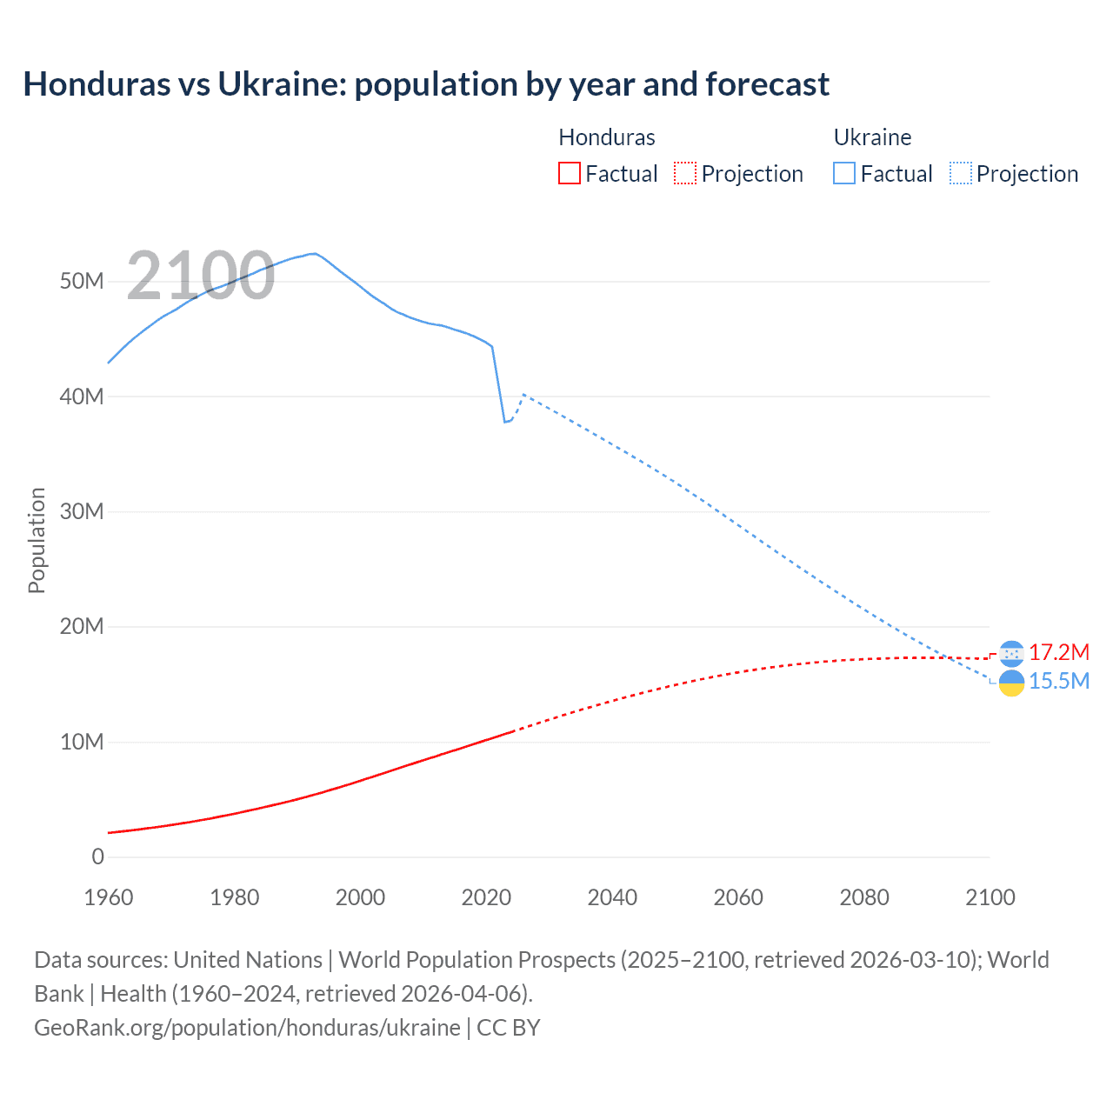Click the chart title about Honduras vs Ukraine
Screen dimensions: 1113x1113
pos(426,84)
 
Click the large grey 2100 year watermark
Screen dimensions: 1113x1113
pos(201,276)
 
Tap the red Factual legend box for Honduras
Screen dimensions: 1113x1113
pos(569,173)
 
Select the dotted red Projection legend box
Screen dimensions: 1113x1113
pos(685,173)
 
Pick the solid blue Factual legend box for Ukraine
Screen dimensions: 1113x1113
pos(844,173)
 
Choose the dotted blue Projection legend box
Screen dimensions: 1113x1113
pos(961,173)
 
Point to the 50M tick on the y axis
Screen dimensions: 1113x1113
pos(82,281)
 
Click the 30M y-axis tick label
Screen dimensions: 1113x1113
pos(82,511)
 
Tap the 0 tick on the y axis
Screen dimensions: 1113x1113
pos(97,856)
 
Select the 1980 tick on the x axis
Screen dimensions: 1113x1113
pos(235,897)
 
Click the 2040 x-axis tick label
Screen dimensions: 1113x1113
pos(612,897)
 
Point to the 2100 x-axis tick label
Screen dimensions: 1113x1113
pos(990,897)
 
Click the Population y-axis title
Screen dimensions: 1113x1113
pos(37,540)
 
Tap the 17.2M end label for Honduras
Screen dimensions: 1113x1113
pos(1058,652)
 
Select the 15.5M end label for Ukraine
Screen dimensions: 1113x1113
pos(1058,681)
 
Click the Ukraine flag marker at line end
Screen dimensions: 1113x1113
pos(1011,683)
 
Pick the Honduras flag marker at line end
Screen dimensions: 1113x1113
pos(1011,653)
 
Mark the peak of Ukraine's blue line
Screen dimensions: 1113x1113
pos(314,254)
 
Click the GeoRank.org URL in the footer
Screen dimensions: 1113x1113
pos(247,1027)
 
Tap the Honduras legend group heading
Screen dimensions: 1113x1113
pos(606,137)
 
